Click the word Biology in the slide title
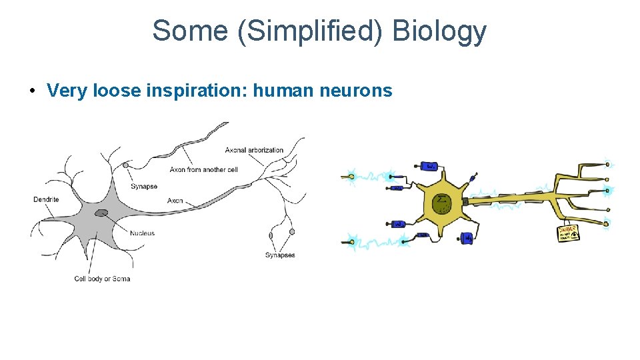coord(440,31)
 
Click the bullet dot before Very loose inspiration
coord(32,90)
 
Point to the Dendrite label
coord(46,199)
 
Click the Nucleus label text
coord(143,233)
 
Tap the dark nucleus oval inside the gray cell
coord(101,213)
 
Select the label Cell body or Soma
coord(102,279)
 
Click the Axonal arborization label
coord(254,150)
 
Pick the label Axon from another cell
coord(203,170)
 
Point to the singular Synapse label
coord(144,187)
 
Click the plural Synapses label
coord(280,255)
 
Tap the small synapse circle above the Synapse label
coord(125,165)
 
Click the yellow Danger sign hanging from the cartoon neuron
coord(568,233)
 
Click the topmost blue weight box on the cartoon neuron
coord(430,165)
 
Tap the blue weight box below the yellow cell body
coord(468,237)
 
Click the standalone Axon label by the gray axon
coord(175,201)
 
